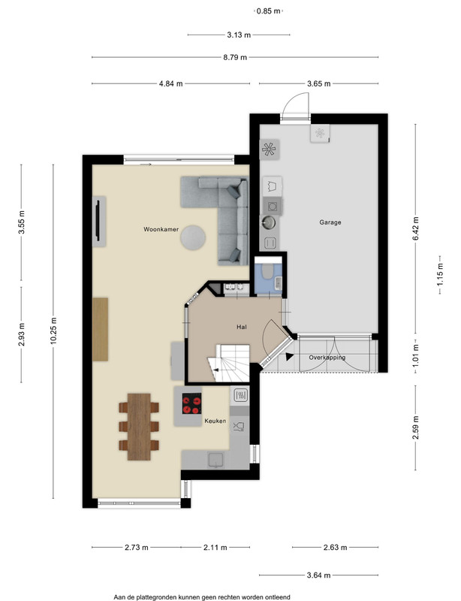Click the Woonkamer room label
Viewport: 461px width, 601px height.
point(161,229)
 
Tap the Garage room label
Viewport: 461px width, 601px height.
point(330,222)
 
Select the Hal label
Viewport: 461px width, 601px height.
point(242,327)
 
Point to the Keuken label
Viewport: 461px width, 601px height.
point(215,421)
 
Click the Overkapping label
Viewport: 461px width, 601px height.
point(327,358)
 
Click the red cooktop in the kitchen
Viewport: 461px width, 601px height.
point(192,404)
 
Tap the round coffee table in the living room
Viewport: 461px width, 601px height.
point(193,237)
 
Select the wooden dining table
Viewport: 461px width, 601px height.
point(139,427)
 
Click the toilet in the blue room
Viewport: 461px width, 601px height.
point(267,271)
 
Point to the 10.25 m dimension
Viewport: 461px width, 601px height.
point(53,331)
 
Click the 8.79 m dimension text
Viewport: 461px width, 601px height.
point(235,58)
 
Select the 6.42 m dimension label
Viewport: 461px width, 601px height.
point(415,228)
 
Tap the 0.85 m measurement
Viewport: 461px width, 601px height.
point(269,11)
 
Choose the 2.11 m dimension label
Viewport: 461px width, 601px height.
point(215,548)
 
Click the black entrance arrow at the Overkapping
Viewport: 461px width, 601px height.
point(289,356)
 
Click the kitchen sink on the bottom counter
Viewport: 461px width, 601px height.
point(216,460)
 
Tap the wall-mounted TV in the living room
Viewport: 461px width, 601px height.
point(98,220)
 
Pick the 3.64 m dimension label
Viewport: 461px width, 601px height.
point(318,575)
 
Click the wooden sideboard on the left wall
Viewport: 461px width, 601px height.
point(100,329)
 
